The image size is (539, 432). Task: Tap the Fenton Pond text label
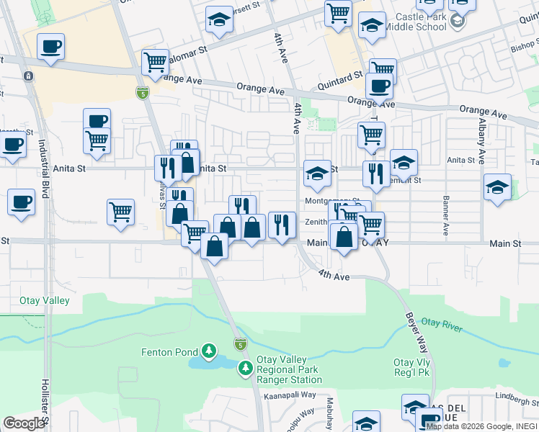171,352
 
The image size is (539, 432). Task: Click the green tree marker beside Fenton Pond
209,351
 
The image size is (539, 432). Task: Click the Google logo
24,423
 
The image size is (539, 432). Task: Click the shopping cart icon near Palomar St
155,63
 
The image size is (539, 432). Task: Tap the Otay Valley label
35,301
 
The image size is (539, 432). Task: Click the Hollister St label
45,403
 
